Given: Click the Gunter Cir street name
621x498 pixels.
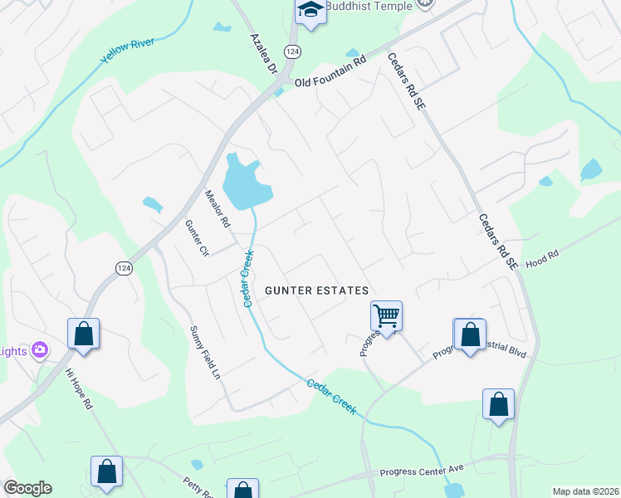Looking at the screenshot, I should click(x=196, y=238).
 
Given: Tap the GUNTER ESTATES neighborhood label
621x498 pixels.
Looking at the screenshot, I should click(x=316, y=290).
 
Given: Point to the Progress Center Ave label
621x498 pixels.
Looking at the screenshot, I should click(x=421, y=471).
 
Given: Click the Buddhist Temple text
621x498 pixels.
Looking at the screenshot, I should click(x=369, y=6).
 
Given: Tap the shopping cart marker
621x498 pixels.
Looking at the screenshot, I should click(x=386, y=315).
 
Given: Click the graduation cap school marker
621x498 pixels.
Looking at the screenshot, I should click(x=310, y=11).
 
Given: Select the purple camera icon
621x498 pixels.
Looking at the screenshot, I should click(x=40, y=350).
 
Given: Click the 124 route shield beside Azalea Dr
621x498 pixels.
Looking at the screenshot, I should click(x=291, y=51).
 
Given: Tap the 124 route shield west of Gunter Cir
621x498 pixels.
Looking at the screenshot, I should click(x=124, y=267).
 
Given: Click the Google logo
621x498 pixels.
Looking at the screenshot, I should click(x=27, y=488).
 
